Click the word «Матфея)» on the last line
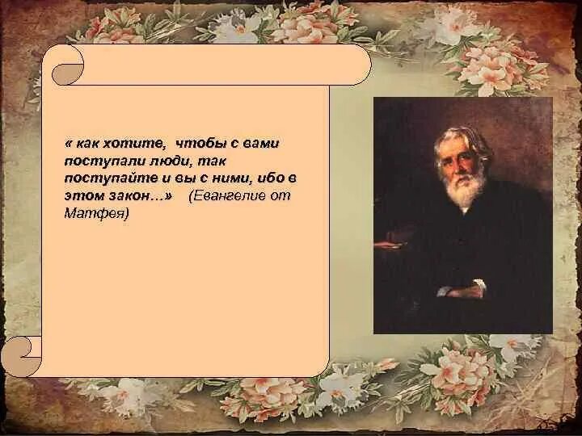[x=96, y=214]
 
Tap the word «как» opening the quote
[x=91, y=143]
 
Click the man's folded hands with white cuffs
[x=461, y=288]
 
